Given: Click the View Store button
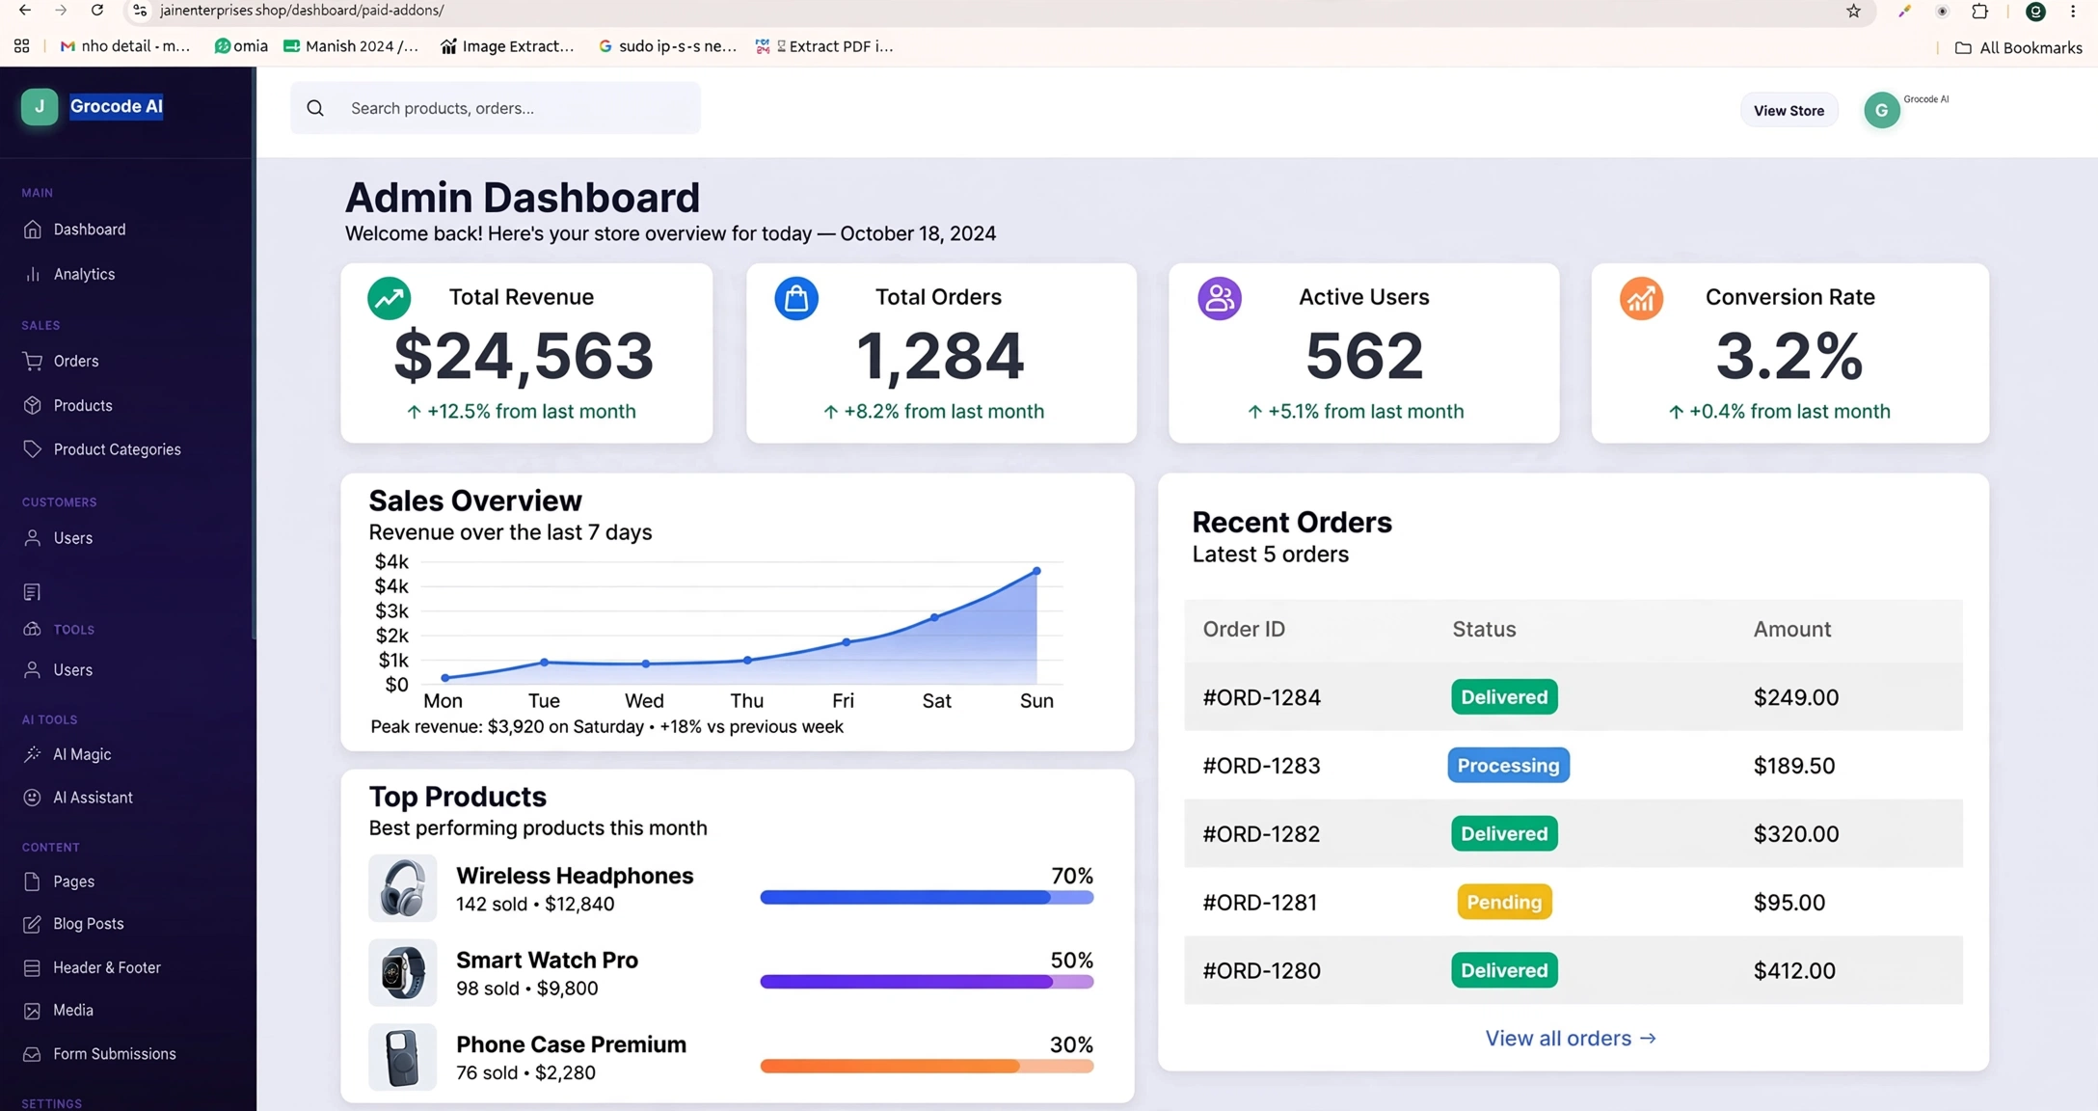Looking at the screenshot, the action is click(x=1789, y=110).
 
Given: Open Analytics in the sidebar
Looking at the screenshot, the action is click(x=84, y=274).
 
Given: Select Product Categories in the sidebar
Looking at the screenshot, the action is click(x=117, y=449).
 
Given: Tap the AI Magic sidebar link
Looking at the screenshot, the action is click(x=82, y=754).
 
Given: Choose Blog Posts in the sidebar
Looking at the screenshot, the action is click(x=88, y=924).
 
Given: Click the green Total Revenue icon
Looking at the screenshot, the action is click(x=390, y=298).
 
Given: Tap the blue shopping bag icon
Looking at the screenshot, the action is click(x=796, y=298).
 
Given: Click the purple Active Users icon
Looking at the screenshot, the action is click(x=1220, y=298).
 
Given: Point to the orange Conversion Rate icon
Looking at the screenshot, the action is click(x=1641, y=298).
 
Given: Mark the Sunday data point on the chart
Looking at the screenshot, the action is click(x=1036, y=571).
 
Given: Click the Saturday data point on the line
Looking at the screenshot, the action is click(x=934, y=617).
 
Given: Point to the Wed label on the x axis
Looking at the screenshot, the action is click(x=644, y=701).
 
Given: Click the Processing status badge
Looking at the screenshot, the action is click(x=1508, y=766).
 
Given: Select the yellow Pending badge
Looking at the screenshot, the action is click(x=1504, y=903).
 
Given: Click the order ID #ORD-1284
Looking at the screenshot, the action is click(x=1261, y=697).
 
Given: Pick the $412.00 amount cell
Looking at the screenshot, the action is click(x=1794, y=971).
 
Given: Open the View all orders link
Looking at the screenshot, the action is click(x=1571, y=1039).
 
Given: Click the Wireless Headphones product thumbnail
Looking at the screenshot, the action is click(x=402, y=888).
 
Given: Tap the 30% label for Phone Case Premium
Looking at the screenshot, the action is click(x=1071, y=1045).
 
